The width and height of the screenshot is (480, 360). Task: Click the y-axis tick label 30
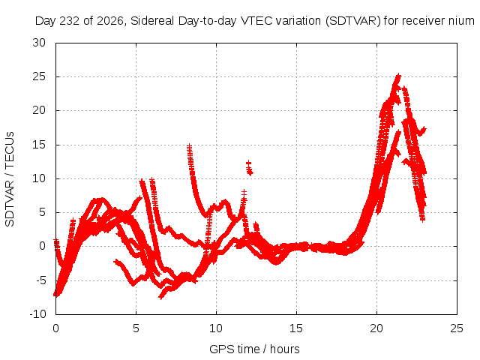pyautogui.click(x=39, y=43)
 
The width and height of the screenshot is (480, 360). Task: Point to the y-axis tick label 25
pyautogui.click(x=39, y=76)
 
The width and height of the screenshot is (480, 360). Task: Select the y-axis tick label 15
pyautogui.click(x=39, y=145)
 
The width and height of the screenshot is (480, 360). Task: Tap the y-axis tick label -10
pyautogui.click(x=37, y=314)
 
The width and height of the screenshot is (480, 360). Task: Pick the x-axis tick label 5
pyautogui.click(x=136, y=328)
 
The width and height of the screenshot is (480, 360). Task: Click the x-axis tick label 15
pyautogui.click(x=296, y=328)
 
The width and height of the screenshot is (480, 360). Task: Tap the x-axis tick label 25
pyautogui.click(x=457, y=328)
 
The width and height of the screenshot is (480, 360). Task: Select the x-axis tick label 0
pyautogui.click(x=55, y=328)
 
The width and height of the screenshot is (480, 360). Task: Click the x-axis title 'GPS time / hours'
pyautogui.click(x=254, y=349)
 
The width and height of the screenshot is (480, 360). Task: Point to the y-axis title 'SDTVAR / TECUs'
pyautogui.click(x=10, y=179)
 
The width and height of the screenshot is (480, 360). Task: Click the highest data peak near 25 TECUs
pyautogui.click(x=398, y=75)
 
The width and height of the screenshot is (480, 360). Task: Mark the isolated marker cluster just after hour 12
pyautogui.click(x=250, y=168)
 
